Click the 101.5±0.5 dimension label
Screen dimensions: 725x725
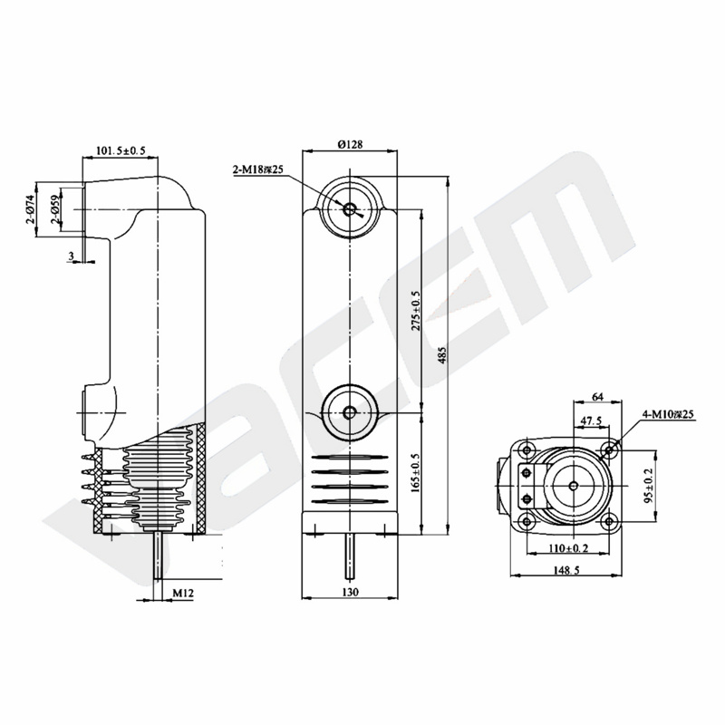click(x=121, y=150)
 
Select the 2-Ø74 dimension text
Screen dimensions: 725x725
click(x=31, y=209)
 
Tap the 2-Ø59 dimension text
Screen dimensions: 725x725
click(x=56, y=209)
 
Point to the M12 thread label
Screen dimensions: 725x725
click(x=183, y=593)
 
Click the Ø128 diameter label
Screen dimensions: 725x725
click(x=350, y=144)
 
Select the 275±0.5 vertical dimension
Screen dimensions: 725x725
click(x=416, y=310)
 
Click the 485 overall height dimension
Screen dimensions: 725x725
click(x=442, y=355)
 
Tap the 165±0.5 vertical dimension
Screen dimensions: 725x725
click(x=416, y=472)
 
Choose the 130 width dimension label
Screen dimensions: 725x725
click(x=350, y=592)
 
